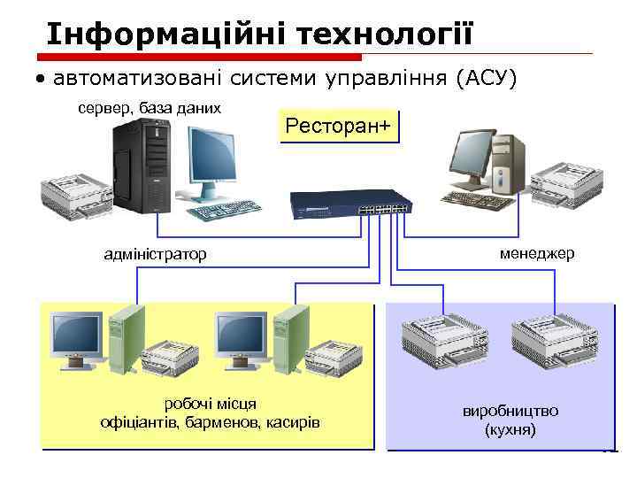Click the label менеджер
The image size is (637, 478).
tap(537, 253)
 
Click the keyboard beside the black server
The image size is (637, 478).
tap(227, 210)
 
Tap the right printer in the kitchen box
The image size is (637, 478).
tap(549, 341)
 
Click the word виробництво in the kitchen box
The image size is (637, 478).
tap(510, 412)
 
